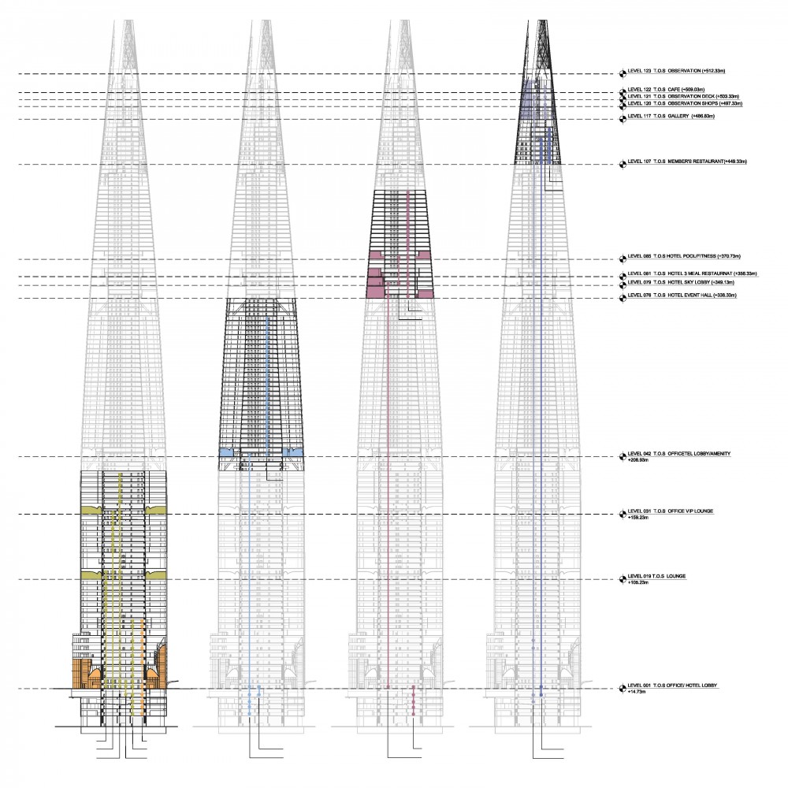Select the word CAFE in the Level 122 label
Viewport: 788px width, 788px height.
tap(673, 90)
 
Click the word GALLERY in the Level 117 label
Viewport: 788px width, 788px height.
tap(677, 117)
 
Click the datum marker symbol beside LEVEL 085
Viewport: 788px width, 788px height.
tap(623, 258)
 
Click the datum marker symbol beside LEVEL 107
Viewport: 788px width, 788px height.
tap(623, 163)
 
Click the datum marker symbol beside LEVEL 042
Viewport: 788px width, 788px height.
tap(623, 455)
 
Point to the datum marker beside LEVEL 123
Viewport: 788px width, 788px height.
tap(623, 72)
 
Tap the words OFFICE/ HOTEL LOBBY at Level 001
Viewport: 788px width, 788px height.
tap(693, 687)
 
